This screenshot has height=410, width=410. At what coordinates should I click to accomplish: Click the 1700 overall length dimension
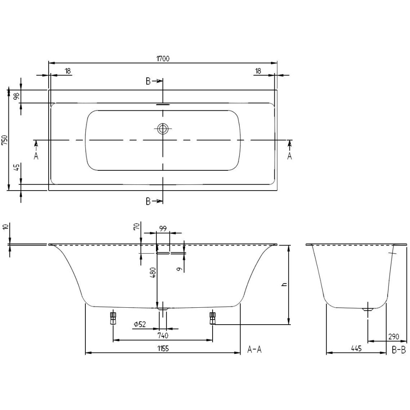[x=163, y=59]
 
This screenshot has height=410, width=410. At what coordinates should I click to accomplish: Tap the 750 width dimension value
[x=5, y=140]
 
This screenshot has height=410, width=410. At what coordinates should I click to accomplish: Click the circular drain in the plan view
[x=163, y=128]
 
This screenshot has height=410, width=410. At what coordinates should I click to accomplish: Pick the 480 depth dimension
[x=153, y=272]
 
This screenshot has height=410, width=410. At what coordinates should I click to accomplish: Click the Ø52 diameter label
[x=139, y=325]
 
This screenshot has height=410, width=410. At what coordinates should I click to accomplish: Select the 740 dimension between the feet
[x=163, y=335]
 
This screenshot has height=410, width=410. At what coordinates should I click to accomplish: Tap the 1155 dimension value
[x=163, y=349]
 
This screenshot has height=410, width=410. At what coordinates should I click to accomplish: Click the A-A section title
[x=254, y=349]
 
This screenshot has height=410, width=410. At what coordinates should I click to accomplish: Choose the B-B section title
[x=399, y=350]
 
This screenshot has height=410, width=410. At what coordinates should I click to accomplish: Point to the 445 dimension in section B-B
[x=356, y=348]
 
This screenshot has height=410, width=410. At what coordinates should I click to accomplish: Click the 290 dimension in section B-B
[x=394, y=336]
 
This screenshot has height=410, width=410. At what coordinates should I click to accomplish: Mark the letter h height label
[x=284, y=284]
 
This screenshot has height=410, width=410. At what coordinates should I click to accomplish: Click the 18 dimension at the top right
[x=258, y=71]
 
